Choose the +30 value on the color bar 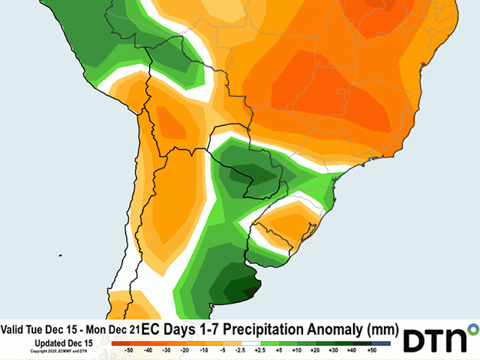pos(331,350)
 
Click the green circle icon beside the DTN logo pos(473,328)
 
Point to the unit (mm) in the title pos(379,329)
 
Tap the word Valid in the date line pos(14,329)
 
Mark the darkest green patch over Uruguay pos(244,289)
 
